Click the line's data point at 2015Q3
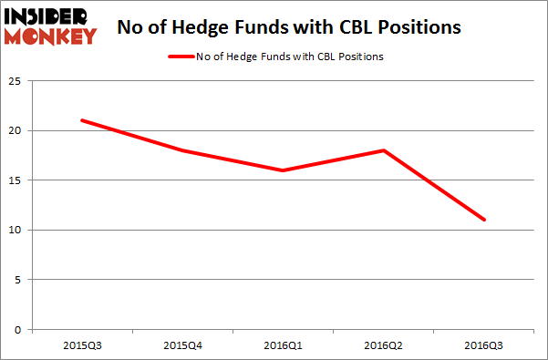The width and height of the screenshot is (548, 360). [83, 120]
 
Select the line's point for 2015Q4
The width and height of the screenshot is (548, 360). [183, 150]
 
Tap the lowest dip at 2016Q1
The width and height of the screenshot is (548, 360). [284, 170]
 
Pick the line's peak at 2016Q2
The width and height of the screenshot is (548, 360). [384, 150]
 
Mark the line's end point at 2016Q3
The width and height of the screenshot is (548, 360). [484, 220]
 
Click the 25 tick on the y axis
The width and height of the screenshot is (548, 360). [16, 81]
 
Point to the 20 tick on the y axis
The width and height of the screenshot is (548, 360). [16, 130]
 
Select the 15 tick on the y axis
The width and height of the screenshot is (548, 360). [16, 180]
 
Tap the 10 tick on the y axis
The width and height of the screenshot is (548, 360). [16, 230]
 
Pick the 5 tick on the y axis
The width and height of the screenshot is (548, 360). [18, 280]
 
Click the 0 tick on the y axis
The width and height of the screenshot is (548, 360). [18, 329]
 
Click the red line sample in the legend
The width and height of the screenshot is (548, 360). [181, 57]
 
